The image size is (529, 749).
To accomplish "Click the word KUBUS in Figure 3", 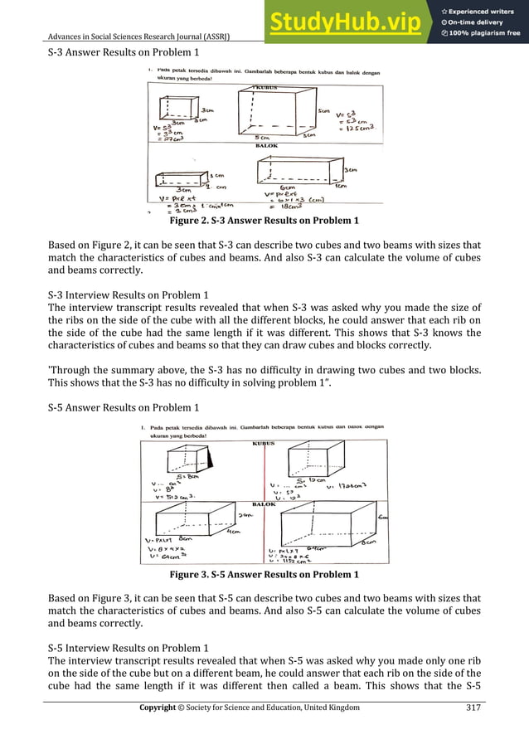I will coord(264,444).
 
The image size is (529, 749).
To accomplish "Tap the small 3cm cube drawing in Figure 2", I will coord(177,108).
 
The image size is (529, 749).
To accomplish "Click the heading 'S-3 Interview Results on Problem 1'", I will coord(128,294).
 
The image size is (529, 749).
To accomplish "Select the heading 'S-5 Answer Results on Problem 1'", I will coord(123,407).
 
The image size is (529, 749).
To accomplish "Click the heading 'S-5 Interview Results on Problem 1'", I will coord(128,647).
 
